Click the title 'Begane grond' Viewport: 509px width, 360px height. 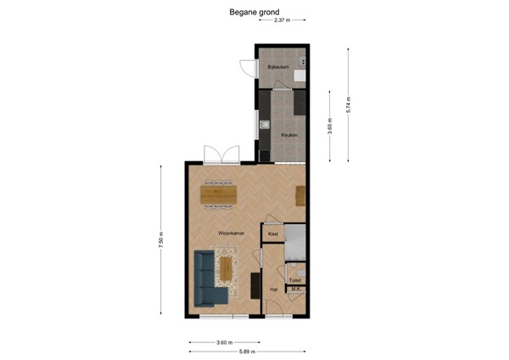coord(255,13)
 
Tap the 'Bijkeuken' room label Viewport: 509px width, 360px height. coord(278,66)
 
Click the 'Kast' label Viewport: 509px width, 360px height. coord(273,233)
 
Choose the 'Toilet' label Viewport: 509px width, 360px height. coord(295,279)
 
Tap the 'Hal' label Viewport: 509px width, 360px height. coord(273,290)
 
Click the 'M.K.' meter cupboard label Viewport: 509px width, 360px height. coord(296,290)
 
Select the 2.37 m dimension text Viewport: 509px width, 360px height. coord(281,19)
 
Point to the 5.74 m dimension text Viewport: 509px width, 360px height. coord(348,104)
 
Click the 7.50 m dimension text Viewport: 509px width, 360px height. coord(161,240)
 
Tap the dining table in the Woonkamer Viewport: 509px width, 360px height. coord(220,194)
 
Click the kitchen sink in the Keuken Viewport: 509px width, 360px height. coord(265,127)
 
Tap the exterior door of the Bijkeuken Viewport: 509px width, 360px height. coord(247,70)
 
